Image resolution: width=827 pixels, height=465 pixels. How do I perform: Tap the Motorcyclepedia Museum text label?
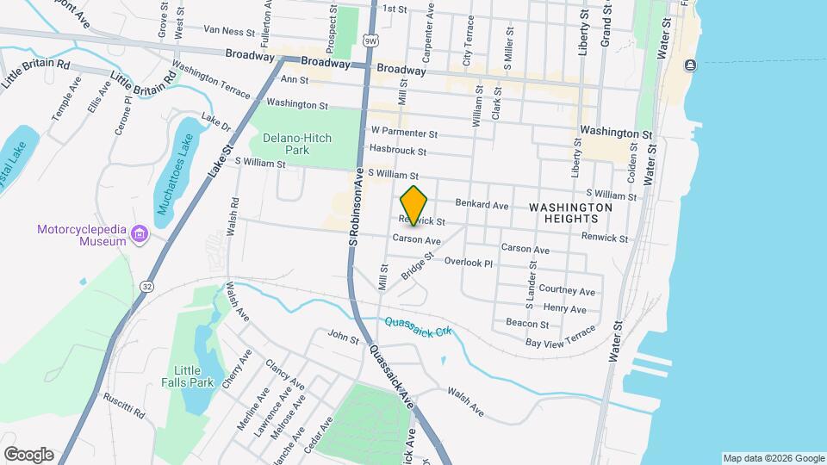[x=82, y=235]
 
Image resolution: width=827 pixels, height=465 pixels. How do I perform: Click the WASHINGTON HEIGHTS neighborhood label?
[x=570, y=214]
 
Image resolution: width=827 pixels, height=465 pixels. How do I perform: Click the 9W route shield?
[x=370, y=40]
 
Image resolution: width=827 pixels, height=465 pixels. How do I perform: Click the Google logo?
[x=28, y=455]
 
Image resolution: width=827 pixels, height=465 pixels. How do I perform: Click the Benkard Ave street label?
[x=487, y=206]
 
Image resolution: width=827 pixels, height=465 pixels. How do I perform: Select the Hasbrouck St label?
[x=398, y=151]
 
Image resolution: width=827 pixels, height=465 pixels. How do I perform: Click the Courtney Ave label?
[x=569, y=292]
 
